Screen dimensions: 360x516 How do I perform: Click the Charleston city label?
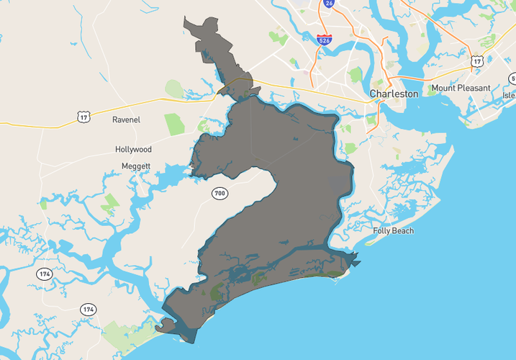tap(394, 94)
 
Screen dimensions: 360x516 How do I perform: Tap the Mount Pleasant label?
tap(461, 88)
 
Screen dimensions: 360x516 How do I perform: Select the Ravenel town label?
tap(127, 120)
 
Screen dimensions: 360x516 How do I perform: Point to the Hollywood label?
tap(134, 150)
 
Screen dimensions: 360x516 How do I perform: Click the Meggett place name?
tap(135, 166)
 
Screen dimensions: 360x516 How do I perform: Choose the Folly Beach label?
tap(394, 231)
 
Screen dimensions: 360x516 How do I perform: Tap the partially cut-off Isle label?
tap(509, 95)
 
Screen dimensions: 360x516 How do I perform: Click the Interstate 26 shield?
tap(329, 4)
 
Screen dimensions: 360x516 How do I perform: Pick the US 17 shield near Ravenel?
tap(84, 116)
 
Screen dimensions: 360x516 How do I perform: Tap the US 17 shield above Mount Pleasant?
tap(476, 62)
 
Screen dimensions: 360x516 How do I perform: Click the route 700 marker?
tap(220, 194)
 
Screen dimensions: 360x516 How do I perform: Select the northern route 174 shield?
tap(45, 274)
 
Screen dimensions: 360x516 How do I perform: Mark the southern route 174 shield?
tap(88, 310)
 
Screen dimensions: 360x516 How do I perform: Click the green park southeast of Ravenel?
tap(175, 124)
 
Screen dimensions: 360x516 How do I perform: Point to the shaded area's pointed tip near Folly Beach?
tap(358, 255)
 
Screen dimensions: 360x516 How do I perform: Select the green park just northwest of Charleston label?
tap(356, 74)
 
